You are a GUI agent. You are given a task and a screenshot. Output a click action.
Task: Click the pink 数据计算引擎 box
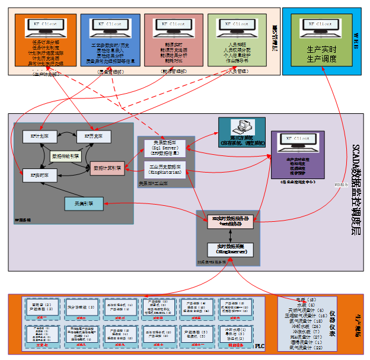[107, 168]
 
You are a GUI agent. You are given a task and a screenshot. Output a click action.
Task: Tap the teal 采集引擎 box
[84, 204]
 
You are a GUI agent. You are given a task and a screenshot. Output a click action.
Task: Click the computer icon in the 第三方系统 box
[241, 128]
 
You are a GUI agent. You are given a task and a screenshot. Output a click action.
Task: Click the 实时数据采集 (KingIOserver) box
[231, 250]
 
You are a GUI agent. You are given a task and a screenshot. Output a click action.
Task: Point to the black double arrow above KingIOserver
[231, 236]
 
